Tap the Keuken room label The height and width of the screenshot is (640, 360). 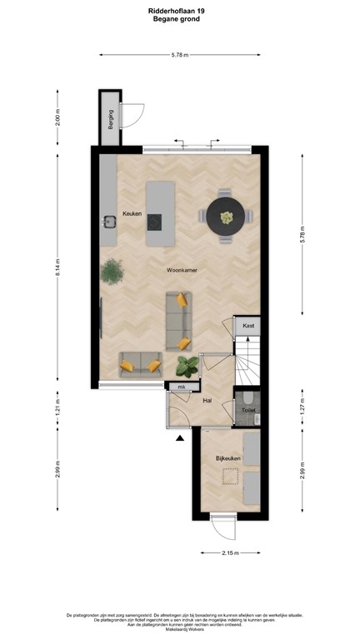pyautogui.click(x=132, y=214)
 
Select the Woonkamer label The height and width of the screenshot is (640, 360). pyautogui.click(x=181, y=271)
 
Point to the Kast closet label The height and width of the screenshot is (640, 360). pyautogui.click(x=247, y=326)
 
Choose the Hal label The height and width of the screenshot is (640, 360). pyautogui.click(x=208, y=401)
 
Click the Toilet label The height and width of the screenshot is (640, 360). pyautogui.click(x=248, y=411)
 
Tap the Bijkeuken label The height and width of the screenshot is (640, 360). pyautogui.click(x=227, y=458)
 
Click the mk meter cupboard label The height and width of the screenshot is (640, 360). pyautogui.click(x=180, y=387)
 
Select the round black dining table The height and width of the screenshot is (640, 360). pyautogui.click(x=227, y=217)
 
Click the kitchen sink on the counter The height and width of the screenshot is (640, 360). pyautogui.click(x=109, y=222)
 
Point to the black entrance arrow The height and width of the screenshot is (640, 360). pyautogui.click(x=179, y=438)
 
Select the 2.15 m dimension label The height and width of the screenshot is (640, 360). pyautogui.click(x=230, y=553)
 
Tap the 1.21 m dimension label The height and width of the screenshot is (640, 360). pyautogui.click(x=57, y=409)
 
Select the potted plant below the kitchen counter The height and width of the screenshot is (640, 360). pyautogui.click(x=110, y=270)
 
